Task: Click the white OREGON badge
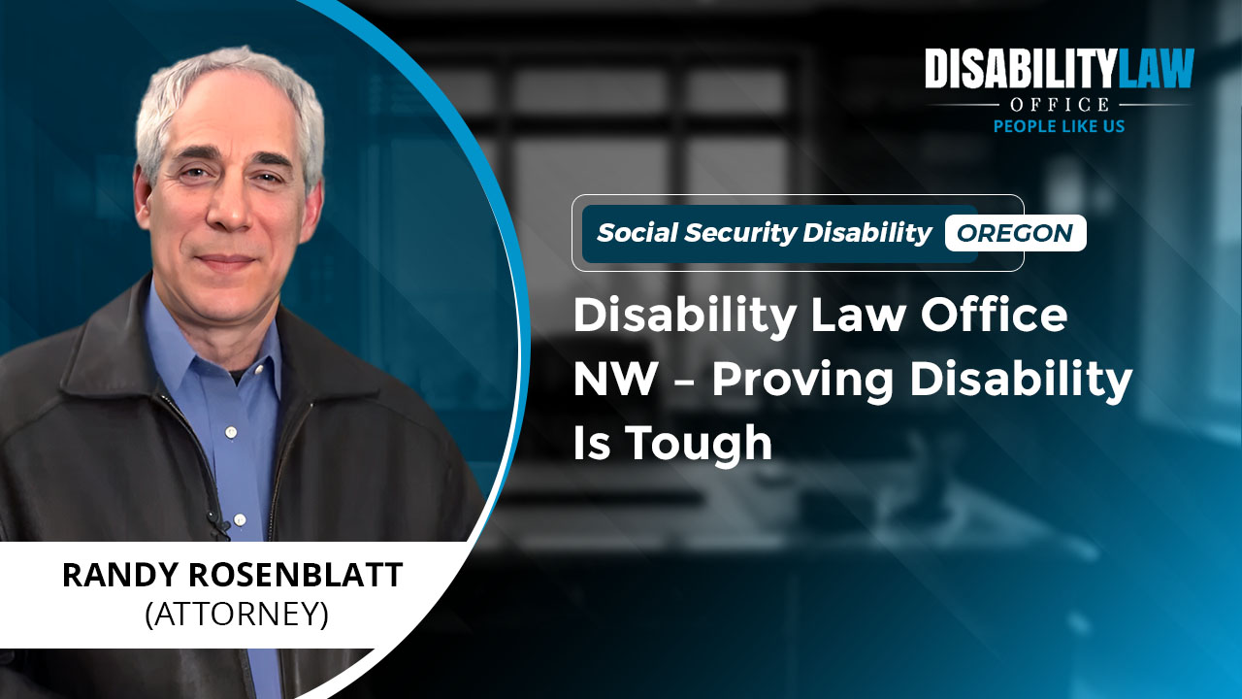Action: tap(1015, 233)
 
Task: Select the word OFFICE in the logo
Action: tap(1060, 104)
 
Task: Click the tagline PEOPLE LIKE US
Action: tap(1059, 126)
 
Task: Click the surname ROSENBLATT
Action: tap(296, 575)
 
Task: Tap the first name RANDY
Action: tap(121, 575)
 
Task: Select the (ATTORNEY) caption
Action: tap(237, 615)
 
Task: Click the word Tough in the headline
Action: tap(700, 444)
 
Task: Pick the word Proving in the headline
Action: tap(802, 382)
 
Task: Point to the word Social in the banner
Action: tap(637, 232)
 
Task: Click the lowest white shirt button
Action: tap(240, 519)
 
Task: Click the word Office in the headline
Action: tap(995, 315)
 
